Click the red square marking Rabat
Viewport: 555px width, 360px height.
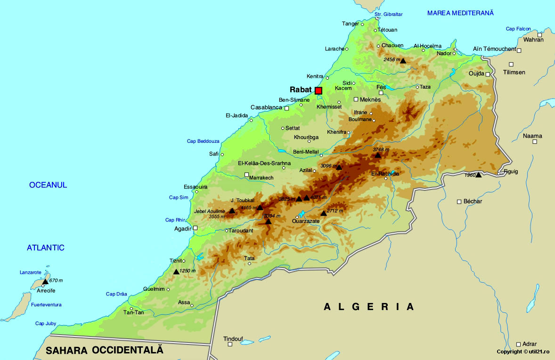(318, 90)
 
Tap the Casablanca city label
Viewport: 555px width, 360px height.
(266, 107)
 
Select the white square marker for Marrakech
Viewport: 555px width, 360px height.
(246, 175)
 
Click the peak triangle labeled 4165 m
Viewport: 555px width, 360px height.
(260, 207)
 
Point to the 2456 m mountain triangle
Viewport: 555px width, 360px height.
(403, 60)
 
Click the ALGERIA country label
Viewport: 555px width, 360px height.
(369, 307)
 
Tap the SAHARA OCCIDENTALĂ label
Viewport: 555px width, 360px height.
(104, 350)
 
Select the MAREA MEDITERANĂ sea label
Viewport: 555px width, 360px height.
(460, 13)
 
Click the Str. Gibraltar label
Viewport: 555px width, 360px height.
(389, 15)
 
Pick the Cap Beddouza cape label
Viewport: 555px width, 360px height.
(203, 141)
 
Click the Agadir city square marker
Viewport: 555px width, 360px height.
(195, 228)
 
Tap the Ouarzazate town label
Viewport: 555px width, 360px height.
(307, 221)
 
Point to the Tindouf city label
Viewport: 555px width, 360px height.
(233, 338)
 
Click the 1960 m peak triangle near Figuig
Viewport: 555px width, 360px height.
(478, 175)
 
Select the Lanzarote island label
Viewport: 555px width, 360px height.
(31, 272)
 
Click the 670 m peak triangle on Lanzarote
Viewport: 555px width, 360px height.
(45, 281)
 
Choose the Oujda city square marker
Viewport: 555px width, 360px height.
(488, 74)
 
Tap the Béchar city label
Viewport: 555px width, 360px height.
(473, 202)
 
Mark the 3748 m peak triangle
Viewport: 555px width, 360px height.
(378, 155)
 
